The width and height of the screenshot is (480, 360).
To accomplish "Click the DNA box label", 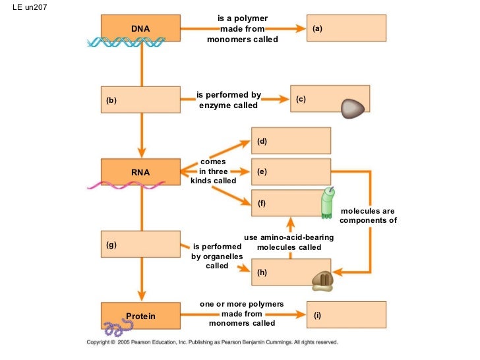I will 140,29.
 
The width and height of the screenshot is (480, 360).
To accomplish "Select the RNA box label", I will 140,172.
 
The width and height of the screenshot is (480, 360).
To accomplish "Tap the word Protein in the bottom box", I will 140,316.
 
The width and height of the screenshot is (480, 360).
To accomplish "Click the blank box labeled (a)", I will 347,29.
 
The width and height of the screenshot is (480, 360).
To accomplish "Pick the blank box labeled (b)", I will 140,100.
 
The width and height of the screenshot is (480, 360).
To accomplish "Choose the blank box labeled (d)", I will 291,141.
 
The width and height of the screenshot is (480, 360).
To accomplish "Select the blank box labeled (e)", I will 291,171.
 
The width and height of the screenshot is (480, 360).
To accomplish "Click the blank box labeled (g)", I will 140,245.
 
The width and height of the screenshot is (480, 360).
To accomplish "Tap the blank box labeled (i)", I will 347,316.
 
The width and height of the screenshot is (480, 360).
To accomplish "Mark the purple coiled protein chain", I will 117,325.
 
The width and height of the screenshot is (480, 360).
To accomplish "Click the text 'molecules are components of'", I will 368,216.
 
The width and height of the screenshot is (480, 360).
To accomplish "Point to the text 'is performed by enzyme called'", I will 229,100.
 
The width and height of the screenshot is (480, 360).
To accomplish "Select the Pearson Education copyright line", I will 212,342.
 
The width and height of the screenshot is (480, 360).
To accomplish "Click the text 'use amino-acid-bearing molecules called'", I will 289,242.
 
